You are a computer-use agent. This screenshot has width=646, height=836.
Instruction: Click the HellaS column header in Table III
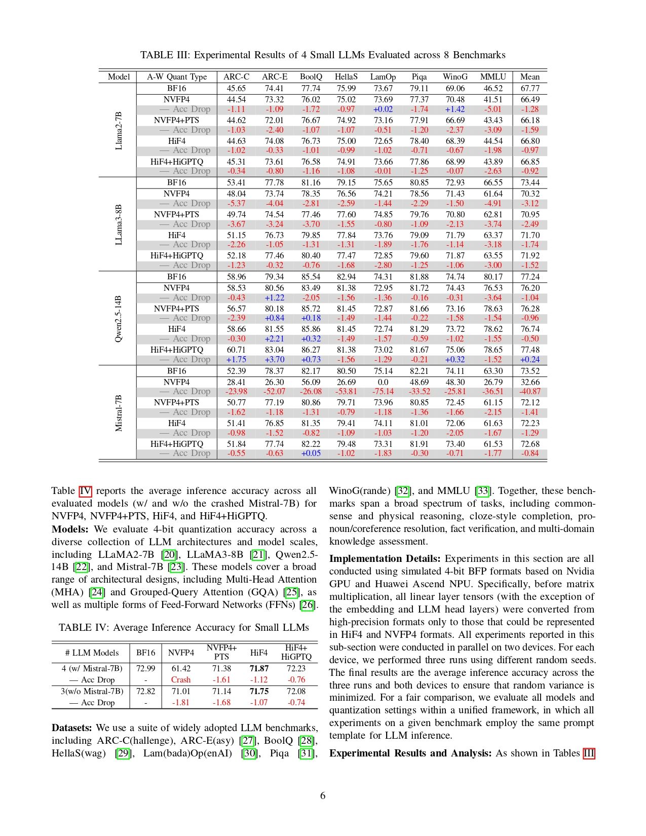346,77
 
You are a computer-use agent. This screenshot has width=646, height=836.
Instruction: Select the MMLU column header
493,77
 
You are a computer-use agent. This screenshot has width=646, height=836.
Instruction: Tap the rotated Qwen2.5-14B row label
119,319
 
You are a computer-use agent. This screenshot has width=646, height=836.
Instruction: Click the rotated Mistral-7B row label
119,413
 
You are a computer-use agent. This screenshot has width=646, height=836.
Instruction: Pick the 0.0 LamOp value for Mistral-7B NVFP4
383,382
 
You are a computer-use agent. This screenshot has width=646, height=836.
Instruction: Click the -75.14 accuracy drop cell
383,392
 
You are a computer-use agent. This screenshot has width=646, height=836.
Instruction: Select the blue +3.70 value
274,360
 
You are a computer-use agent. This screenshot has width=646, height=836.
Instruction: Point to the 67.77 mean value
530,88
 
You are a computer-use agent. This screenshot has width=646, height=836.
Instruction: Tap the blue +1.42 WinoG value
455,109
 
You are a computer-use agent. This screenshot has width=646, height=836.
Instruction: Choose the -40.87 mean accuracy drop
530,392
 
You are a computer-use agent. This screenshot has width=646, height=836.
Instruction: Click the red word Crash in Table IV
181,680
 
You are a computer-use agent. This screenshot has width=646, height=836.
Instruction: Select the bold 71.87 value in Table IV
259,669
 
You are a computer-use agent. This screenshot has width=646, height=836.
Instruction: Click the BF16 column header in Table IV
146,653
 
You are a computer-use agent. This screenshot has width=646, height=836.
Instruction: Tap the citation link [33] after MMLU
483,491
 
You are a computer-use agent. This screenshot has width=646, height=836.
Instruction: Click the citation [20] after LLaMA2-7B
170,555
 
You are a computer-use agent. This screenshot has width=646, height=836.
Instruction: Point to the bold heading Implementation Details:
385,559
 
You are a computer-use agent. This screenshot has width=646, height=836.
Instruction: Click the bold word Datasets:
71,728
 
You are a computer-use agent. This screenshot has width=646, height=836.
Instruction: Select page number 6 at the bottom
323,796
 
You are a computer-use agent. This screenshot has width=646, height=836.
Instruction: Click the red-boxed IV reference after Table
85,491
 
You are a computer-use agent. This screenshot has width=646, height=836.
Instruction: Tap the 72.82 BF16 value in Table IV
146,692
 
